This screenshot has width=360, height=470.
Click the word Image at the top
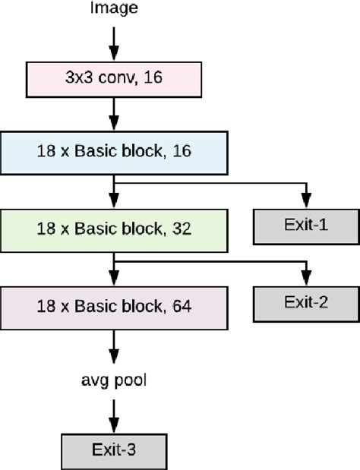[x=114, y=8]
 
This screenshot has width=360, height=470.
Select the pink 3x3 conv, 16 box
[x=114, y=78]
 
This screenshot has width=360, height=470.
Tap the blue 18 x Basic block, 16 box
[x=114, y=150]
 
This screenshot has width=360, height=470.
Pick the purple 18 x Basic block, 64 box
[x=114, y=307]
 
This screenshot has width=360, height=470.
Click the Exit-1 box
[x=306, y=226]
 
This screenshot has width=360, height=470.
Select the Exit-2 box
[x=306, y=302]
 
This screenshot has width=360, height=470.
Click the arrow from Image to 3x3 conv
[x=114, y=43]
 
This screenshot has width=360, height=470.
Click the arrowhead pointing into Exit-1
[x=306, y=201]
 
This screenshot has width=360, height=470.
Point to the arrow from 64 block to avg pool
[x=114, y=346]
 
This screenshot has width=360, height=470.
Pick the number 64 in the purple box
[x=182, y=307]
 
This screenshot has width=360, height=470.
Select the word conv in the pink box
[x=131, y=78]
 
